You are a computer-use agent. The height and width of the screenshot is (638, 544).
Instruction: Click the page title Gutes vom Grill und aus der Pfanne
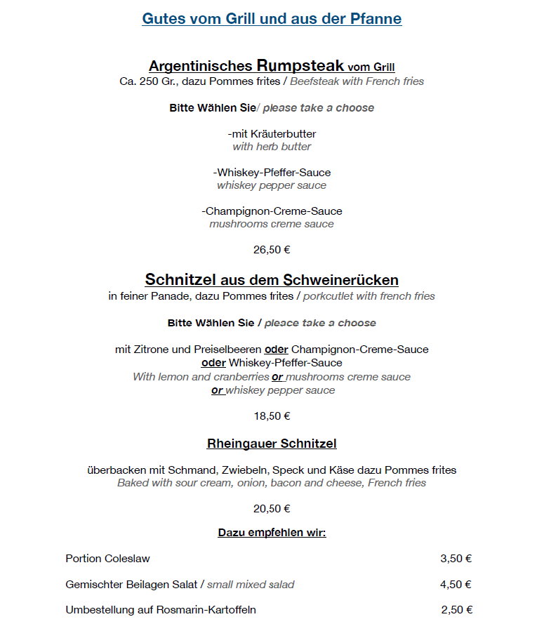[272, 19]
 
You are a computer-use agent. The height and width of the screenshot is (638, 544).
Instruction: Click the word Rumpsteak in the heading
[300, 66]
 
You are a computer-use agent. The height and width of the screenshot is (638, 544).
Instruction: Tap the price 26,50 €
[272, 249]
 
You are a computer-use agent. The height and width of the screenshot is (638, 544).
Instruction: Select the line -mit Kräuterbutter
[272, 133]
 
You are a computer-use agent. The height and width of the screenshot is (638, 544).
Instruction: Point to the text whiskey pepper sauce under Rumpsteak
[272, 185]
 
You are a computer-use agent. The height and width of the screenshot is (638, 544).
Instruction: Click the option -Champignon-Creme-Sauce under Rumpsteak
[272, 211]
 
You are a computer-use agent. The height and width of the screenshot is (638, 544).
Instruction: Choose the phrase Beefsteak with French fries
[357, 81]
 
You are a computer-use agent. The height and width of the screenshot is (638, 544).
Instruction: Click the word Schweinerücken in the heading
[341, 280]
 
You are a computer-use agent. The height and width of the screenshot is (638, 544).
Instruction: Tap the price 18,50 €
[272, 416]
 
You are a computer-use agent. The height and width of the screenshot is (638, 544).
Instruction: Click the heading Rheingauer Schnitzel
[272, 444]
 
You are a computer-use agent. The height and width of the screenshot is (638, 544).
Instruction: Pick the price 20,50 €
[272, 508]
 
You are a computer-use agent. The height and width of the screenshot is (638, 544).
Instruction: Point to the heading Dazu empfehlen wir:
[272, 533]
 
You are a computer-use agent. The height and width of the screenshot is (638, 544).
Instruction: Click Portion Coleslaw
[107, 559]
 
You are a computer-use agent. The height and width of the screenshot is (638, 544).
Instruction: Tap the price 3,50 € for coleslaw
[456, 559]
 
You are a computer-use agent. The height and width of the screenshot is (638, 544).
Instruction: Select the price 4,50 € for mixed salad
[456, 584]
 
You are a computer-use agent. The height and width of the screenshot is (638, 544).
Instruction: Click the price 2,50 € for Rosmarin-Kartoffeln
[456, 609]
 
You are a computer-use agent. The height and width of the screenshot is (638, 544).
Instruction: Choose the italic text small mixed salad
[251, 584]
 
